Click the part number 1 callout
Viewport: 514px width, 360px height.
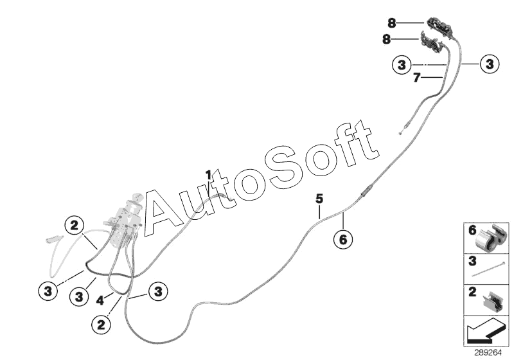click(208, 174)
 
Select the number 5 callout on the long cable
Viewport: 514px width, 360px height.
click(319, 198)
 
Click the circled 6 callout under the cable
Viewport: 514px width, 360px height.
click(342, 239)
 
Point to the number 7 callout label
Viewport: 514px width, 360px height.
click(416, 78)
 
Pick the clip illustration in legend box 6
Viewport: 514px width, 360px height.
click(493, 238)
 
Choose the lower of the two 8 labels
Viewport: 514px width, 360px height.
click(386, 39)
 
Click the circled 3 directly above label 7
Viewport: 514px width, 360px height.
click(402, 65)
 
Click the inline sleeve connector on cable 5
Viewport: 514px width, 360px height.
click(366, 191)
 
